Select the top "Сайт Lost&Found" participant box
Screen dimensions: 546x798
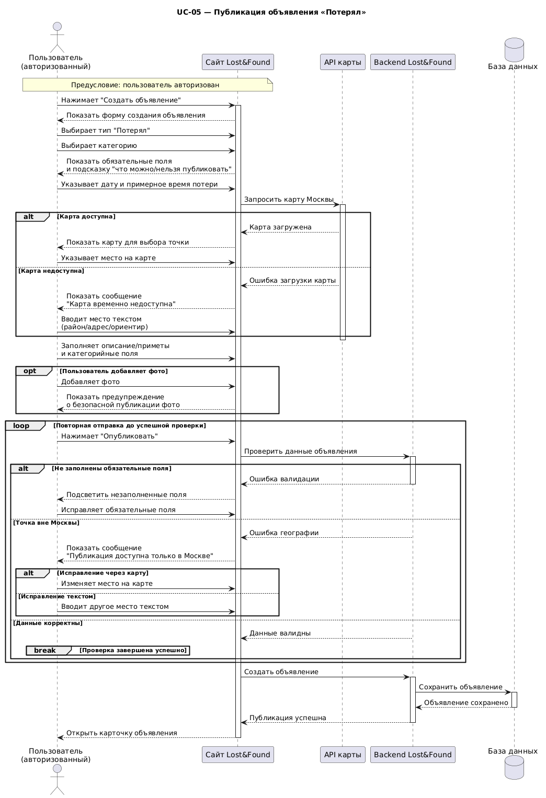(x=238, y=62)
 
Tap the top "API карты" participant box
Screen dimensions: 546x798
(x=343, y=62)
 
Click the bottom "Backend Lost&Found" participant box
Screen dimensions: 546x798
(x=413, y=754)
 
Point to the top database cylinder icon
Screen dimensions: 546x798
(x=514, y=50)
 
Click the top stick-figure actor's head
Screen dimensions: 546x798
(x=57, y=26)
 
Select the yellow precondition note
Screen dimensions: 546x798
(x=147, y=85)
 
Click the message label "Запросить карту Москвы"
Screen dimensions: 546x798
(x=289, y=199)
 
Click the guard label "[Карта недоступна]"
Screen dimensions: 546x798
(x=51, y=271)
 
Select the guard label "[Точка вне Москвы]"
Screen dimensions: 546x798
(x=46, y=523)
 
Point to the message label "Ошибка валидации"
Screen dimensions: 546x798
(x=284, y=479)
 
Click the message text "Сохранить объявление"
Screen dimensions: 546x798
(x=460, y=687)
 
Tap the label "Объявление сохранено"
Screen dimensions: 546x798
(x=466, y=702)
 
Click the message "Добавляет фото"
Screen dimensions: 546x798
(x=90, y=381)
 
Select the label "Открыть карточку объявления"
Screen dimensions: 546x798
(x=122, y=733)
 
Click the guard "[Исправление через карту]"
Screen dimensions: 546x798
(x=103, y=573)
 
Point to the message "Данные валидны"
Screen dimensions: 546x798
(x=280, y=633)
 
